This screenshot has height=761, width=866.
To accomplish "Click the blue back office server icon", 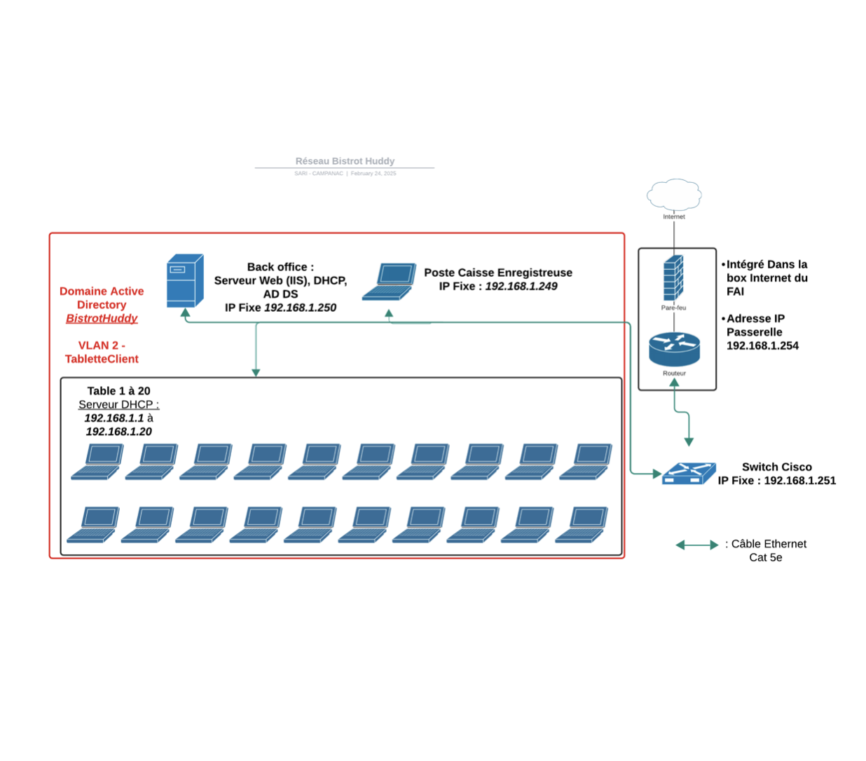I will pyautogui.click(x=185, y=281).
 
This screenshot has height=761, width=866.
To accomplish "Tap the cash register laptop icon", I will pyautogui.click(x=390, y=282).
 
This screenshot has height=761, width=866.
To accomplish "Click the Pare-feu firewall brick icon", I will pyautogui.click(x=673, y=277).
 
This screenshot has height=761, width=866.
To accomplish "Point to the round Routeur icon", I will pyautogui.click(x=674, y=349).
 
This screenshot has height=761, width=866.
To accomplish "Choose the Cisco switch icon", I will pyautogui.click(x=689, y=474).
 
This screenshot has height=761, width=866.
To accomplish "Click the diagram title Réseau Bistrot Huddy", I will pyautogui.click(x=345, y=161).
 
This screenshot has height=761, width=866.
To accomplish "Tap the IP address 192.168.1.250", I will pyautogui.click(x=300, y=308).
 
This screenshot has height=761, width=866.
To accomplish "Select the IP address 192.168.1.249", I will pyautogui.click(x=521, y=286).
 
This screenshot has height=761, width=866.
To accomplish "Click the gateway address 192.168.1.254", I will pyautogui.click(x=762, y=345).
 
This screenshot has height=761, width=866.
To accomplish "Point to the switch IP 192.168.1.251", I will pyautogui.click(x=799, y=481).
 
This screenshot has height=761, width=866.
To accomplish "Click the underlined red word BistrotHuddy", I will pyautogui.click(x=102, y=318).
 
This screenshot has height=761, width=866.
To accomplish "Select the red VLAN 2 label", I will pyautogui.click(x=102, y=345).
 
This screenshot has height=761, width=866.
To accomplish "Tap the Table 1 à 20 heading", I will pyautogui.click(x=118, y=391).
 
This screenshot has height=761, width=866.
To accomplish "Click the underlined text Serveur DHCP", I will pyautogui.click(x=118, y=404).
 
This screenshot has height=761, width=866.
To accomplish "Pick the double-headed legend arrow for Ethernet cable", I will pyautogui.click(x=696, y=544).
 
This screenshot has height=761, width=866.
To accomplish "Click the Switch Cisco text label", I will pyautogui.click(x=776, y=467).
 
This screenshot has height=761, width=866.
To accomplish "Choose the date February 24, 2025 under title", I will pyautogui.click(x=373, y=173).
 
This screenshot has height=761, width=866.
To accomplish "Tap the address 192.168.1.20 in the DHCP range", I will pyautogui.click(x=118, y=432).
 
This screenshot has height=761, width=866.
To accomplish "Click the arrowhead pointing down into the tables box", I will pyautogui.click(x=256, y=373).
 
